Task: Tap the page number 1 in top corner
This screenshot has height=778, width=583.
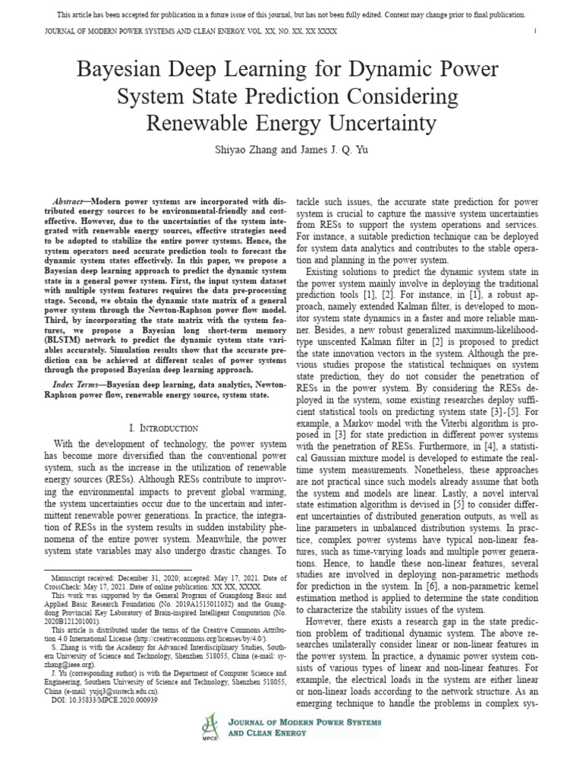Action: [535, 31]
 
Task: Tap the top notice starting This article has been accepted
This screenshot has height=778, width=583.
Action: [291, 15]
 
